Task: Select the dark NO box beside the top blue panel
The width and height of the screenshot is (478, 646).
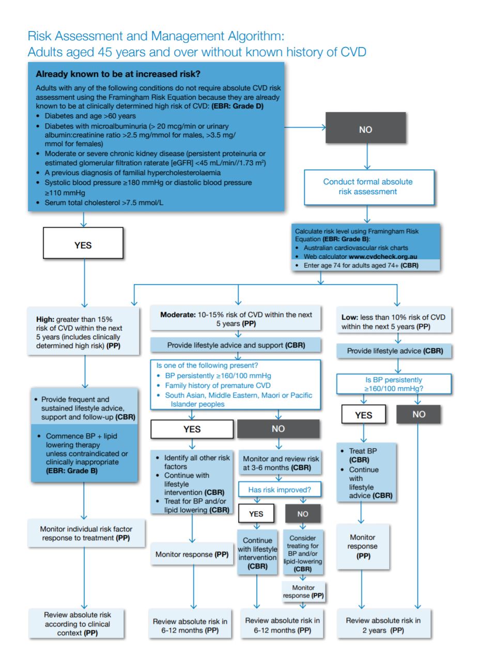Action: pyautogui.click(x=365, y=130)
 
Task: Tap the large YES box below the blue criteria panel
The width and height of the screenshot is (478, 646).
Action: pyautogui.click(x=83, y=245)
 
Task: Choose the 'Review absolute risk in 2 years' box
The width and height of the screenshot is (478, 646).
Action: pyautogui.click(x=383, y=625)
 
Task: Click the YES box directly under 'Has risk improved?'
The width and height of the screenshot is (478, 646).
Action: pyautogui.click(x=256, y=514)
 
